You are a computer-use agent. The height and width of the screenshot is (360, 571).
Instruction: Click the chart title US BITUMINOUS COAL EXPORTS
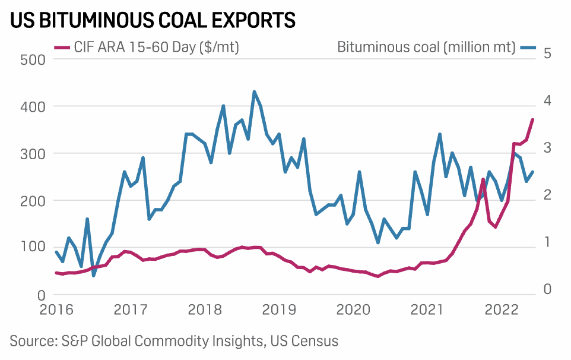point(153,20)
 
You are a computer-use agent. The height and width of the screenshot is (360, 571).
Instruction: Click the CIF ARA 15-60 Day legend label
point(157,48)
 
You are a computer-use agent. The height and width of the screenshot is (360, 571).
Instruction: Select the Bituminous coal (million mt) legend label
point(426,48)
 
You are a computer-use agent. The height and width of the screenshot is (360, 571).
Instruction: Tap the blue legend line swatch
point(528,48)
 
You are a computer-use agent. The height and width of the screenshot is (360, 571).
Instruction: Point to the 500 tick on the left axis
point(33,59)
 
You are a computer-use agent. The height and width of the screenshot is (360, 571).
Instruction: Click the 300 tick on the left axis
point(33,153)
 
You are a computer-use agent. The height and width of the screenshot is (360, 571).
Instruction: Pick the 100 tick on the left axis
point(33,247)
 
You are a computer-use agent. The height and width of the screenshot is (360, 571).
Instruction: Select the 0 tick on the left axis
point(41,294)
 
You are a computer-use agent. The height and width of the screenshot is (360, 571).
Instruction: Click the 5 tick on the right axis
point(547,53)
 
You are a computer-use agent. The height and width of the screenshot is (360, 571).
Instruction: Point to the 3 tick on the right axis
point(547,147)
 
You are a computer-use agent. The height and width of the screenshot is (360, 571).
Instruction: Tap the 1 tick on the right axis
point(547,242)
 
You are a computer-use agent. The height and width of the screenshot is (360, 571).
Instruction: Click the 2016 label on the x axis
point(57,310)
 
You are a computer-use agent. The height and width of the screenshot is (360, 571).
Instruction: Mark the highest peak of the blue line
point(254,91)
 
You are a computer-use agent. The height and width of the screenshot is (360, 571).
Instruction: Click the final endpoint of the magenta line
point(532,119)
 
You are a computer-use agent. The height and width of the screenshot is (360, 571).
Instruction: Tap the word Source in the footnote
point(30,341)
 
